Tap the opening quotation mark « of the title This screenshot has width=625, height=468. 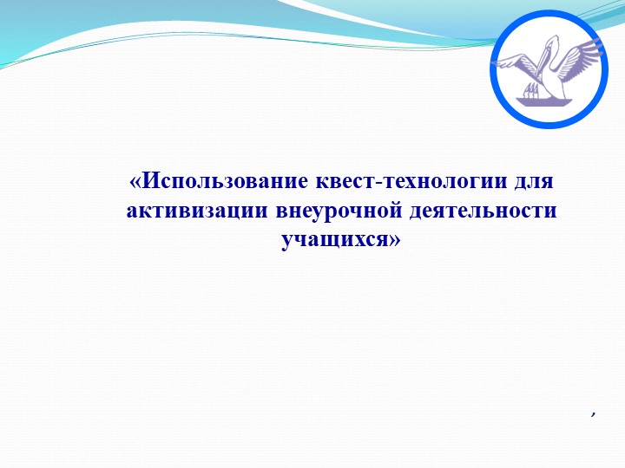click(x=135, y=183)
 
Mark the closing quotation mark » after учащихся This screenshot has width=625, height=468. click(x=395, y=240)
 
